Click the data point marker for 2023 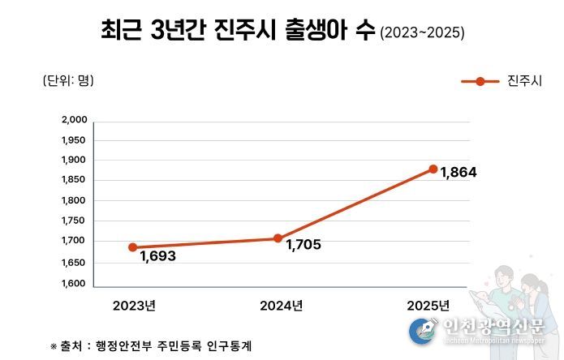pyautogui.click(x=133, y=247)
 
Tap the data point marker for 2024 pyautogui.click(x=278, y=238)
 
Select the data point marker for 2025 pyautogui.click(x=433, y=169)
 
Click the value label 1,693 pyautogui.click(x=157, y=256)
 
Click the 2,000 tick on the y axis pyautogui.click(x=74, y=120)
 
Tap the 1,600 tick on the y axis pyautogui.click(x=74, y=285)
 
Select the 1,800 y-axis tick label pyautogui.click(x=74, y=200)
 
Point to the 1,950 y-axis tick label pyautogui.click(x=74, y=139)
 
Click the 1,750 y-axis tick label pyautogui.click(x=74, y=221)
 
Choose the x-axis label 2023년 pyautogui.click(x=134, y=306)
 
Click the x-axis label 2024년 pyautogui.click(x=281, y=306)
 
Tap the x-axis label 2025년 pyautogui.click(x=428, y=306)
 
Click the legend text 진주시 pyautogui.click(x=523, y=81)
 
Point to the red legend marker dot pyautogui.click(x=480, y=81)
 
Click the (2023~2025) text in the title pyautogui.click(x=422, y=33)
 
